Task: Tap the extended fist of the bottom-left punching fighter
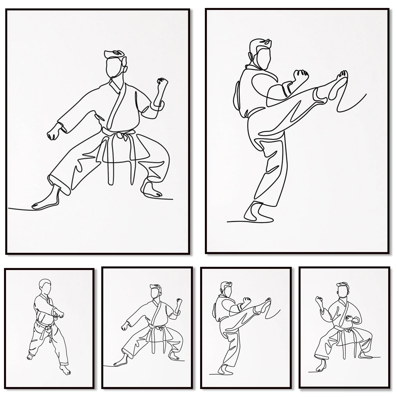pyautogui.click(x=60, y=314)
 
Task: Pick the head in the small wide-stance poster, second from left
pyautogui.click(x=155, y=292)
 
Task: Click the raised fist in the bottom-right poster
pyautogui.click(x=318, y=300)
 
